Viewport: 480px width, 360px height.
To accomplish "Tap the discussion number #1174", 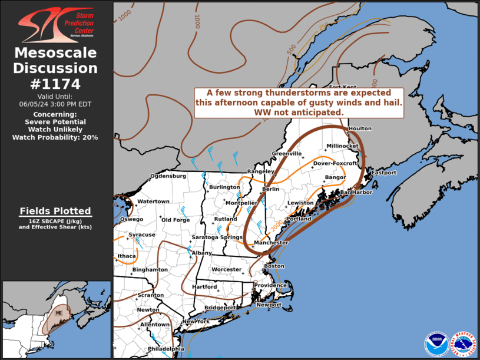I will click(55, 84).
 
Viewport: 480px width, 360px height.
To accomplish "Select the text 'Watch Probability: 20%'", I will click(55, 137).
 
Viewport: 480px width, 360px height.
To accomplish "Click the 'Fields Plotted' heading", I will click(55, 211).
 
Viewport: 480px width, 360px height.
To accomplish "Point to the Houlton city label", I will click(360, 128).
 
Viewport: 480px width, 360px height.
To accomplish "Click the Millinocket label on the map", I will click(343, 146).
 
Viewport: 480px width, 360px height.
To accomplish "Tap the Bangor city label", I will click(335, 177).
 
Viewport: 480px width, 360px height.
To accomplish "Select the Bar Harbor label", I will click(353, 192).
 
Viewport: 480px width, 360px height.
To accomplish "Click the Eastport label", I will click(383, 173).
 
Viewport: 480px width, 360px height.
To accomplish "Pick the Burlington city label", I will click(225, 187).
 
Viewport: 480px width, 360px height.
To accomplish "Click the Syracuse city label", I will click(142, 235).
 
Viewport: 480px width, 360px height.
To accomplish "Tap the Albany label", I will click(201, 253).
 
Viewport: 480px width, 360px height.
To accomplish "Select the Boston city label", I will click(274, 266).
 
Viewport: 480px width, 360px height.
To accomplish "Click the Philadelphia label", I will click(166, 349).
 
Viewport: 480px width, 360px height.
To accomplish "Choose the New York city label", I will click(196, 321).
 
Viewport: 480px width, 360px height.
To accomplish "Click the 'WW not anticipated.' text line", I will click(299, 112).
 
